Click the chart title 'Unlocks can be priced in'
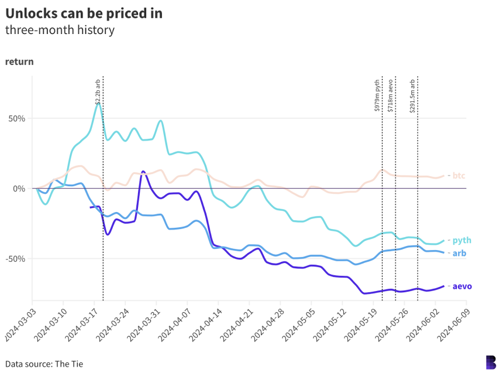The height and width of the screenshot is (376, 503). click(x=84, y=13)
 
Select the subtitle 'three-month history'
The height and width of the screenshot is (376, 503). click(x=60, y=30)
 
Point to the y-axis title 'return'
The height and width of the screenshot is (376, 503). click(x=19, y=61)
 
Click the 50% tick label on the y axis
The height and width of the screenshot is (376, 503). click(x=16, y=118)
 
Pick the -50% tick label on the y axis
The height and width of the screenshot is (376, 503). click(x=15, y=259)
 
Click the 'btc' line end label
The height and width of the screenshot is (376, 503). click(x=459, y=176)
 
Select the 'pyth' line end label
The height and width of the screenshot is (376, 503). click(x=461, y=240)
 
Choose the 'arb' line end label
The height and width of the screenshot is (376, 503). click(x=459, y=253)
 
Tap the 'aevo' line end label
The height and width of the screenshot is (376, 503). click(x=462, y=286)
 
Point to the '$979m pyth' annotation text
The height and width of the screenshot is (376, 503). click(x=377, y=95)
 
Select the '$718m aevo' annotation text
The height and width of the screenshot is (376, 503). click(x=391, y=95)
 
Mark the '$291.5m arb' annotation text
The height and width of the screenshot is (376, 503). click(x=412, y=95)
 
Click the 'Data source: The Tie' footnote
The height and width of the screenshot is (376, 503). click(x=44, y=364)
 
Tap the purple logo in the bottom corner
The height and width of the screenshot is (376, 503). click(x=491, y=363)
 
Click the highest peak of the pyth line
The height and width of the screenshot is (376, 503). click(x=99, y=103)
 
